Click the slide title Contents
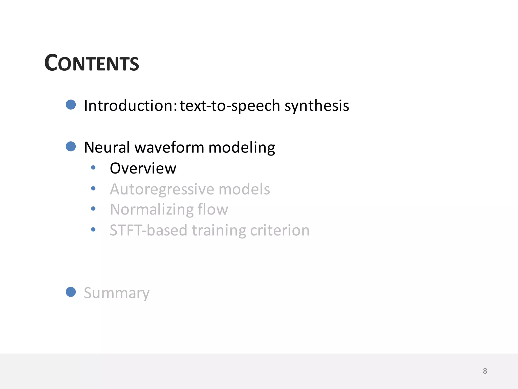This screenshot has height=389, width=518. point(92,63)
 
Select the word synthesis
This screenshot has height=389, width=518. point(317,106)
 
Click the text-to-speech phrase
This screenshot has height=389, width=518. point(230,106)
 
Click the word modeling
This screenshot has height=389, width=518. point(242,148)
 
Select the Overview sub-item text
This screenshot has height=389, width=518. point(143,168)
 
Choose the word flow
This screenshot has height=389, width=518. point(213,209)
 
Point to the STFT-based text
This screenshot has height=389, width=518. point(148,230)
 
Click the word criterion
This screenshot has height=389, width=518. point(280,230)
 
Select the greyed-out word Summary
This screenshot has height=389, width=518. point(117,293)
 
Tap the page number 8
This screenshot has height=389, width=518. point(485,371)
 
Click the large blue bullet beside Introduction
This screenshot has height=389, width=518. point(71,105)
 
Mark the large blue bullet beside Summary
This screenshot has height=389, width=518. point(71,292)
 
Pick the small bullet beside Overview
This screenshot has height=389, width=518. point(93,167)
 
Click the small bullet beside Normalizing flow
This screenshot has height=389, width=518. point(93,209)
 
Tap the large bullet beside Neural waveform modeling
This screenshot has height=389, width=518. point(71,146)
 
